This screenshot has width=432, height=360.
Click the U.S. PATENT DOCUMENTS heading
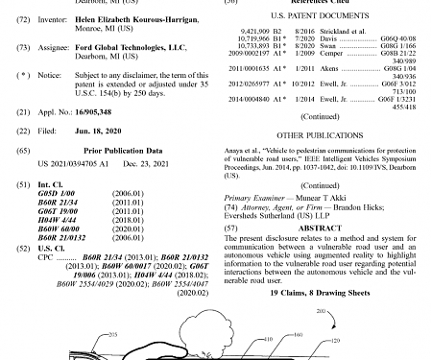click(321, 16)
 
